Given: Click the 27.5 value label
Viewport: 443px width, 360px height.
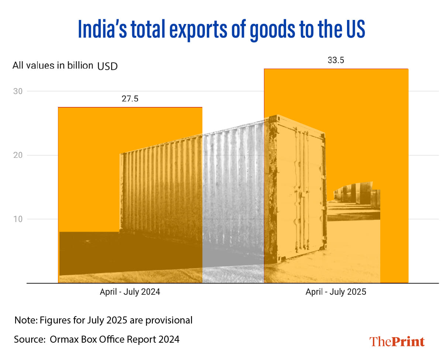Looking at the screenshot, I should tap(130, 99).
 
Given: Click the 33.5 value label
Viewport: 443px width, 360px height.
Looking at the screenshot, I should tap(336, 60).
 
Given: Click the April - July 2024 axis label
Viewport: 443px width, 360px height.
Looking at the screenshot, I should tap(130, 292).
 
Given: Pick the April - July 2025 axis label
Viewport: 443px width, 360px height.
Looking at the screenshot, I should tap(336, 292).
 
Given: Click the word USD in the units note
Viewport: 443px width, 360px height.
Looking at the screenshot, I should tap(107, 67).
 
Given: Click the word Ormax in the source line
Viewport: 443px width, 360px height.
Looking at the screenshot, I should tap(63, 339).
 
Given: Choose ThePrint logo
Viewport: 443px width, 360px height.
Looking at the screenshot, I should tap(397, 341).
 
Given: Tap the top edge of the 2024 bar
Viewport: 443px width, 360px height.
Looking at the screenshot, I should tap(130, 107).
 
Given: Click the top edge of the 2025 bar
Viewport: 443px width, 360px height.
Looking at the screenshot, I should tap(336, 69).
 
